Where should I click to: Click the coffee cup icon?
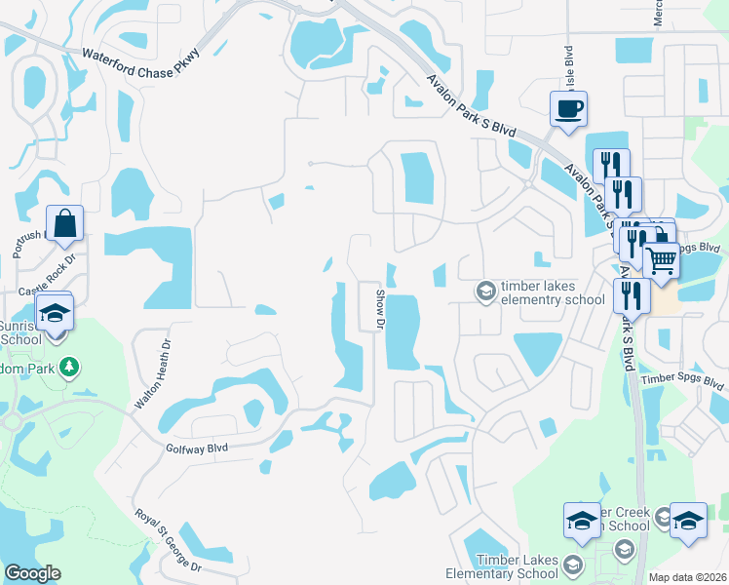pos(567,107)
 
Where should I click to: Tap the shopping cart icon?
pos(661,260)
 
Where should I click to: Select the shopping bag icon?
pos(64,223)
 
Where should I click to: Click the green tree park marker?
pos(69,368)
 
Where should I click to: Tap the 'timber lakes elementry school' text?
pos(552,292)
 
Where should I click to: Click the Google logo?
pos(32,573)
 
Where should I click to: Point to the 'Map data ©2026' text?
pos(687,577)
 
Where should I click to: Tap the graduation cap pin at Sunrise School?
pos(55,313)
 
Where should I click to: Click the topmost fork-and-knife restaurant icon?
pos(611,164)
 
